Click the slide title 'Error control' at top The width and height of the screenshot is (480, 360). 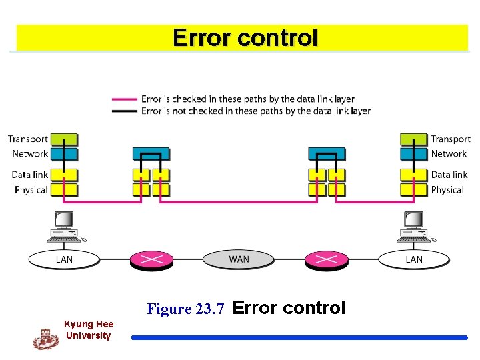245,37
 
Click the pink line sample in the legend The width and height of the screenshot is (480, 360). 125,99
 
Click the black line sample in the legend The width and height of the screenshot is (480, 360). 125,111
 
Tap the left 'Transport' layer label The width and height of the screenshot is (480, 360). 28,139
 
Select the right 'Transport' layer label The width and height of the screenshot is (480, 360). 450,139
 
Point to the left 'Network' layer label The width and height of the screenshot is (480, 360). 30,153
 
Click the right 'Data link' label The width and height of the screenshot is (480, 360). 449,175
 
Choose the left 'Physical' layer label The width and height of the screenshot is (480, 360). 31,189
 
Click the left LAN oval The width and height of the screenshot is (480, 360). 64,259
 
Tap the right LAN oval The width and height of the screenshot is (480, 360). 413,259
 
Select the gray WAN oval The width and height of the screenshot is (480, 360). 239,259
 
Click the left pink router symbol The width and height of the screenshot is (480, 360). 151,259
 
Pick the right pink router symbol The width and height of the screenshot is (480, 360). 326,259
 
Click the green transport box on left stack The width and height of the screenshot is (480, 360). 64,139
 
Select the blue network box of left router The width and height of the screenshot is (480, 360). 151,153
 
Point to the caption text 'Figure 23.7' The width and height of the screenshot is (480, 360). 189,309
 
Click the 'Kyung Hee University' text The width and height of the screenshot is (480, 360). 88,329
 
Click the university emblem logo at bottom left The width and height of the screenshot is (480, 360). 45,339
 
